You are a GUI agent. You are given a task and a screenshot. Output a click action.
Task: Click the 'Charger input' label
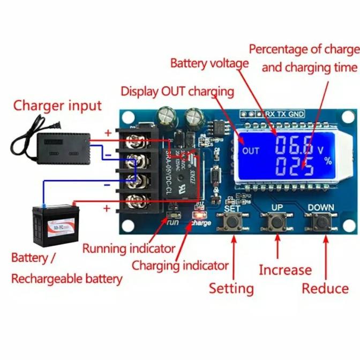click(57, 105)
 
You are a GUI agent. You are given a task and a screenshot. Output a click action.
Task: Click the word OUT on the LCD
click(250, 151)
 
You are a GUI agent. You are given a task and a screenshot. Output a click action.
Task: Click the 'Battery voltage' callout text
click(209, 63)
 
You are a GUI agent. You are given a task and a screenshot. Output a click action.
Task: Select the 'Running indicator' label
click(129, 248)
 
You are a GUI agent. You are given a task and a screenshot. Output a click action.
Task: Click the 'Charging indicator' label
click(180, 265)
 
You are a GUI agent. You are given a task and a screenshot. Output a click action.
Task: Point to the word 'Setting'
click(231, 288)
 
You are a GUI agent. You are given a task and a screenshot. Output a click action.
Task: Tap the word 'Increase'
click(285, 270)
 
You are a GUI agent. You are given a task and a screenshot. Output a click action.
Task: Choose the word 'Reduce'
click(325, 288)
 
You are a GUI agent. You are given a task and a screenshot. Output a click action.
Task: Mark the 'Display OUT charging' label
click(177, 91)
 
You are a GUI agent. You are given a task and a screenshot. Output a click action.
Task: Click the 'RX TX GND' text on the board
click(286, 114)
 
